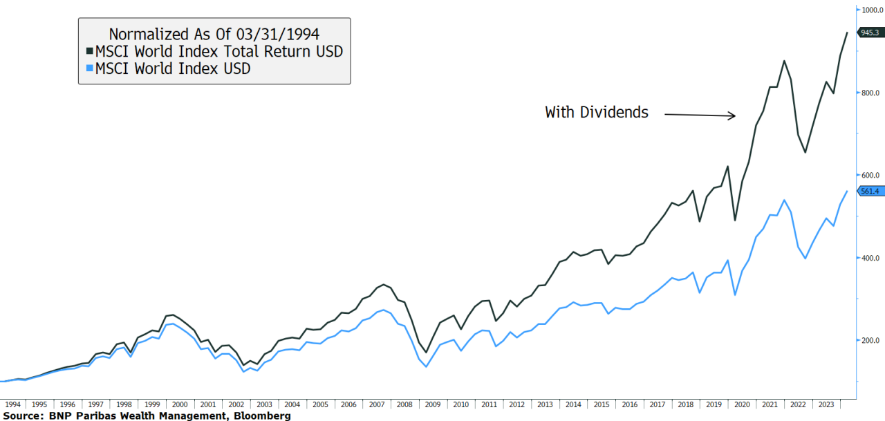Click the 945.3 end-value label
[870, 32]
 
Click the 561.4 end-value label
[870, 191]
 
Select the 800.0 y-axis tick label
[869, 93]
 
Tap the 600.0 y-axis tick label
[869, 175]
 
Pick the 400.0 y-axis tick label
[869, 258]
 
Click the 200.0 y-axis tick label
[869, 340]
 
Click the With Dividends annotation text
[597, 112]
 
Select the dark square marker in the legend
[89, 52]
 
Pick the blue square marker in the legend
[89, 69]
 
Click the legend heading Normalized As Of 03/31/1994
[214, 33]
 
